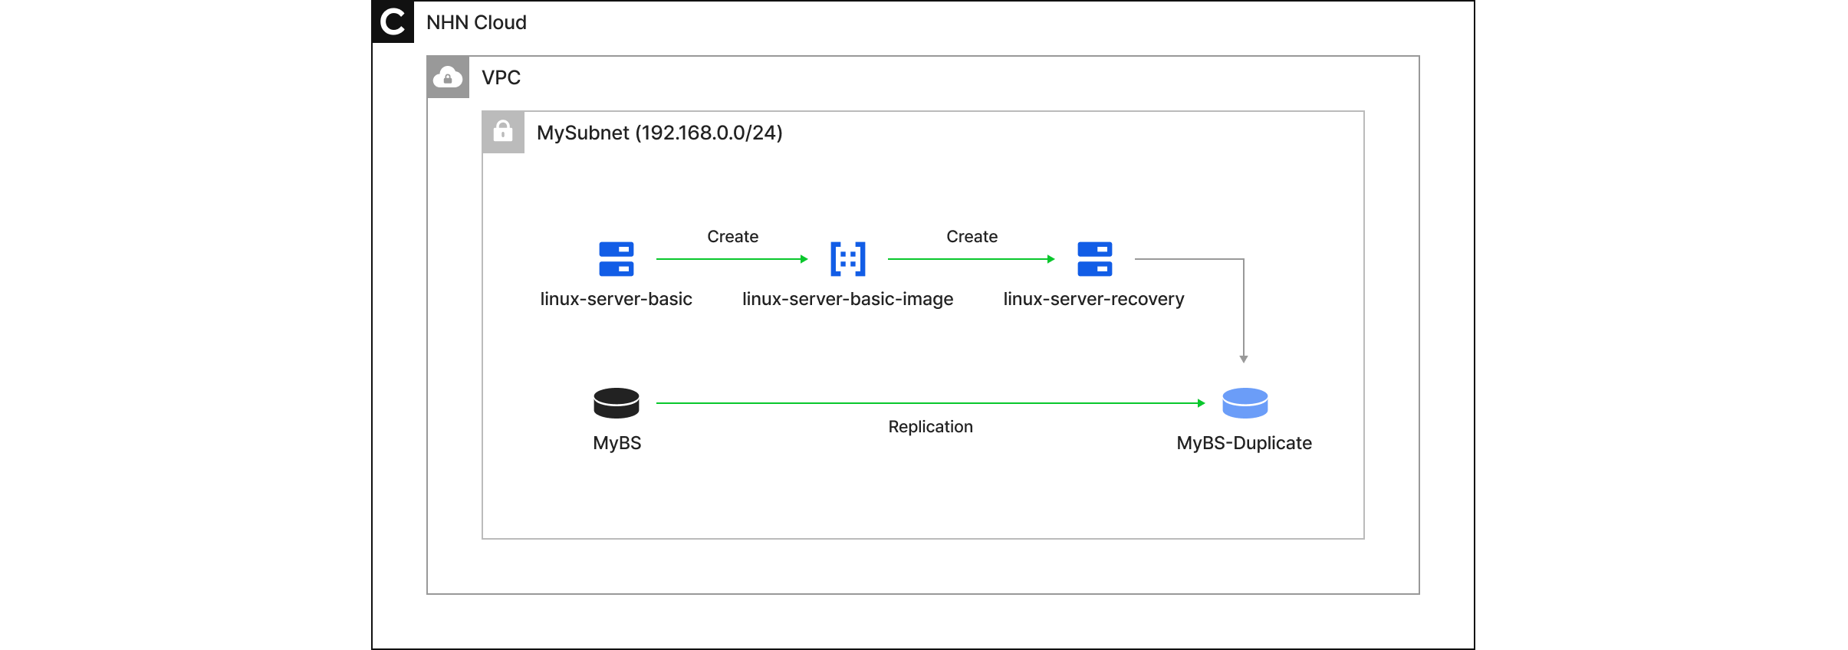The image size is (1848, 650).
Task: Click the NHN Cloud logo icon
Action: click(393, 21)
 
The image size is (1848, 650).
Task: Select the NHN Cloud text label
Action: click(476, 22)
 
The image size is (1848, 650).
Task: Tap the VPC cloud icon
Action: click(448, 77)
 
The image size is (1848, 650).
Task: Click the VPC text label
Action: click(501, 77)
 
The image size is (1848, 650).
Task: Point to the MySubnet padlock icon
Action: click(503, 132)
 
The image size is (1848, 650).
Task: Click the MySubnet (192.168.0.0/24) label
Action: click(659, 133)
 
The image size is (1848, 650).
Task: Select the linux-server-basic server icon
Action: click(617, 259)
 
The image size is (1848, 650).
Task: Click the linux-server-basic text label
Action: click(617, 299)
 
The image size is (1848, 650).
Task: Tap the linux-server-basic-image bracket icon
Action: click(848, 259)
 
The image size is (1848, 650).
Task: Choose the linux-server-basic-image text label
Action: click(848, 299)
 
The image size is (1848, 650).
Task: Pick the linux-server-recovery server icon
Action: click(1095, 259)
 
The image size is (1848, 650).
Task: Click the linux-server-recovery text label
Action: click(1094, 299)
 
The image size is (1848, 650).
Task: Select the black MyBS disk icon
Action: click(617, 403)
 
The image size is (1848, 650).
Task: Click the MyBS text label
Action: click(617, 443)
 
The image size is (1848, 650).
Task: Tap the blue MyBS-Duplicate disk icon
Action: click(1245, 403)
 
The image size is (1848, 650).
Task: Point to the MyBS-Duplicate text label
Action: click(1245, 443)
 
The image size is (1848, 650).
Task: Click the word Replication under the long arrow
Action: click(930, 427)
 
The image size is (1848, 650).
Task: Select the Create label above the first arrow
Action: click(733, 237)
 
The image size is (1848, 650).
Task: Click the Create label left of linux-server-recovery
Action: click(972, 237)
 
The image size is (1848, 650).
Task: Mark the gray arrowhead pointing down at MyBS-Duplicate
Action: click(1244, 359)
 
